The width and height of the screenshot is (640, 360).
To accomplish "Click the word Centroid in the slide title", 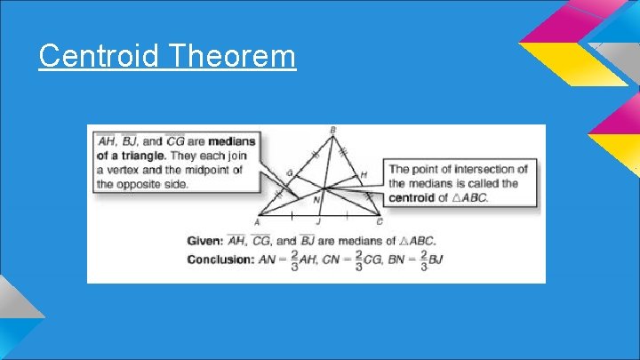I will (x=100, y=57).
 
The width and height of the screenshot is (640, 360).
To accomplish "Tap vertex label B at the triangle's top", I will (x=333, y=131).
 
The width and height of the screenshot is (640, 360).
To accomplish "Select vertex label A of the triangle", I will (x=257, y=222).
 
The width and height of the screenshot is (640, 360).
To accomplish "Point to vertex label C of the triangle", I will (x=380, y=221).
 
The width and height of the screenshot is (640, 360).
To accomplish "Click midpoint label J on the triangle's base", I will (x=318, y=222).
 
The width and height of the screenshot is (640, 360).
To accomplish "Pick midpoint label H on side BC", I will (x=363, y=174).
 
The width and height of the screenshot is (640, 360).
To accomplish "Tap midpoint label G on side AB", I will (x=289, y=172).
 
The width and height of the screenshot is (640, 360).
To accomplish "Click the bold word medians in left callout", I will (x=232, y=140).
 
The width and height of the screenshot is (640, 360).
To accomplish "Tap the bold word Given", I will (x=204, y=241).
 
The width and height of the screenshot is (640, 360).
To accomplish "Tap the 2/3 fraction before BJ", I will (x=423, y=260).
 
